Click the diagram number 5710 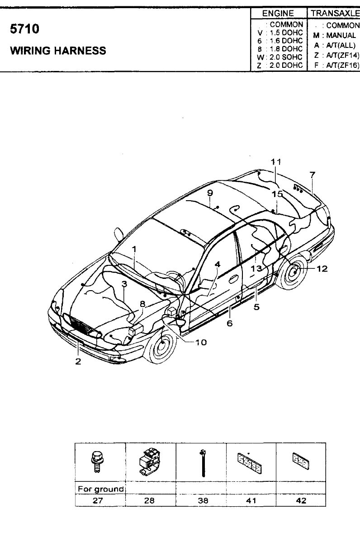pos(24,29)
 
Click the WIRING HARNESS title pos(58,51)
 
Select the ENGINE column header pos(278,13)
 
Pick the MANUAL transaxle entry pos(341,35)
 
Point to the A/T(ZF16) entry pos(342,66)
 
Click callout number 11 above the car pos(275,162)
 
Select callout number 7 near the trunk pos(312,175)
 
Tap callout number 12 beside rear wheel pos(322,269)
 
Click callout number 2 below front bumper pos(78,361)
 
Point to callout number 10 pos(201,342)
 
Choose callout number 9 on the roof pos(210,193)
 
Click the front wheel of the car pos(160,345)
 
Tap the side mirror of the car pos(118,234)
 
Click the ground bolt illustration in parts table pos(96,462)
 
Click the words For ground pos(100,489)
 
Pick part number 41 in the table pos(251,500)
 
